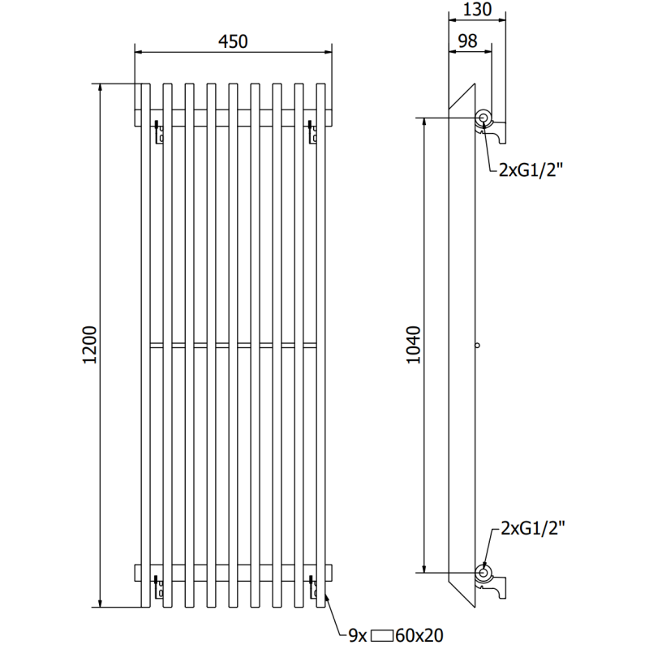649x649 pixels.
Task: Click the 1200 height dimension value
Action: tap(90, 346)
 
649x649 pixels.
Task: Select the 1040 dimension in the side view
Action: tap(414, 346)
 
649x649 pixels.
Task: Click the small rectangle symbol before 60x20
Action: tap(383, 636)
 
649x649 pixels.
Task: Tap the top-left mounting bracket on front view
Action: tap(159, 131)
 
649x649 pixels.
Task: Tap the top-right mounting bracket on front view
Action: tap(312, 131)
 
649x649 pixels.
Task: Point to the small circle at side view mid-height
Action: tap(478, 346)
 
